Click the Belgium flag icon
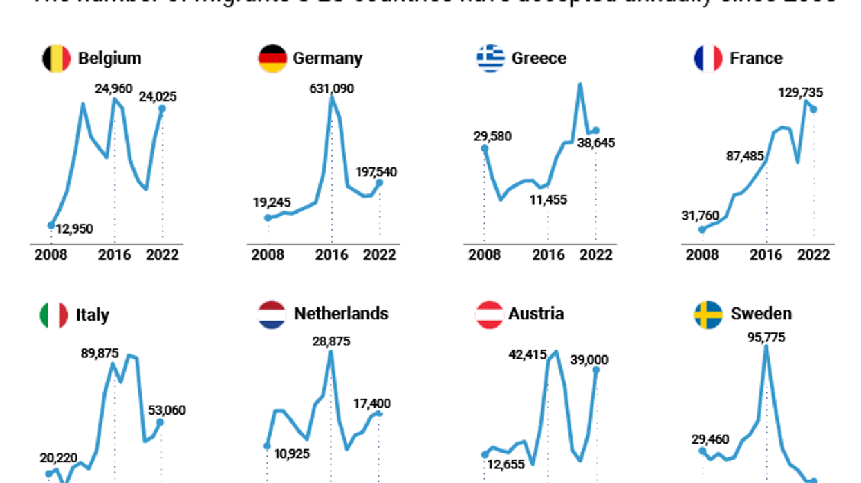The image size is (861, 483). (x=56, y=58)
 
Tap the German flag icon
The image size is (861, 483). (x=272, y=58)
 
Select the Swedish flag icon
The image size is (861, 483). (x=708, y=314)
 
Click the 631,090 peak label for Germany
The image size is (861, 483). (x=331, y=88)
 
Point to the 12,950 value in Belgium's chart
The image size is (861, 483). (x=74, y=229)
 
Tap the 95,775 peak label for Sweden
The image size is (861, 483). (x=766, y=337)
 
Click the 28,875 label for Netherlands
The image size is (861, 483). (x=331, y=341)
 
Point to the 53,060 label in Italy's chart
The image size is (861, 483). (x=167, y=410)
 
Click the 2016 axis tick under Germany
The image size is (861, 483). (x=331, y=254)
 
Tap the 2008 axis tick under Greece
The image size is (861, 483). (x=484, y=254)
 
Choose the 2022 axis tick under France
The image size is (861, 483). (x=814, y=254)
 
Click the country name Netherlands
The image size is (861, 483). (x=341, y=314)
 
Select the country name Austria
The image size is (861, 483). (x=536, y=314)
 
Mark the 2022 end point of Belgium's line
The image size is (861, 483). (x=163, y=108)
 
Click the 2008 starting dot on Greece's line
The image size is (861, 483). (x=484, y=148)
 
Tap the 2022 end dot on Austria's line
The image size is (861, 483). (x=595, y=370)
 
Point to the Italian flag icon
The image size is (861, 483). (x=54, y=315)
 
